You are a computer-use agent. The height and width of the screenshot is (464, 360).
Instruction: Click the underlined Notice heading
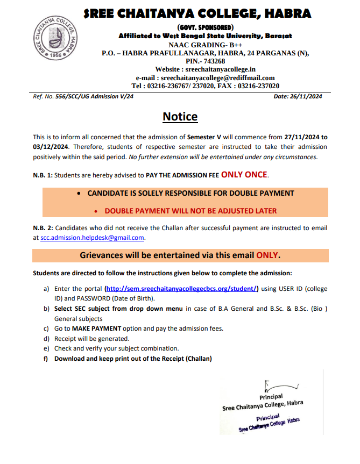tap(180, 117)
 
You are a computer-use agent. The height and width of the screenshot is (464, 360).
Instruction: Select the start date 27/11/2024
tap(297, 137)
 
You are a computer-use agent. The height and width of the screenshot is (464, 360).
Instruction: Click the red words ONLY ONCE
tap(244, 175)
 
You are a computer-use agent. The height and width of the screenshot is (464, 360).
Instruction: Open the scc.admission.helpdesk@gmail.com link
tap(93, 237)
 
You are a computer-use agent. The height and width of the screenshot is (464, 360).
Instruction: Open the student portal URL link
tap(181, 289)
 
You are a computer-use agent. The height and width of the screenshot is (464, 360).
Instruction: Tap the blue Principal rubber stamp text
tap(269, 421)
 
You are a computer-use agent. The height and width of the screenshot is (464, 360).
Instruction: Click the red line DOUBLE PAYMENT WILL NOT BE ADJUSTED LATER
tap(190, 211)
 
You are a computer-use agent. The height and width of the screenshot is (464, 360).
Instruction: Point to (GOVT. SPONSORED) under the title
tap(205, 27)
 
